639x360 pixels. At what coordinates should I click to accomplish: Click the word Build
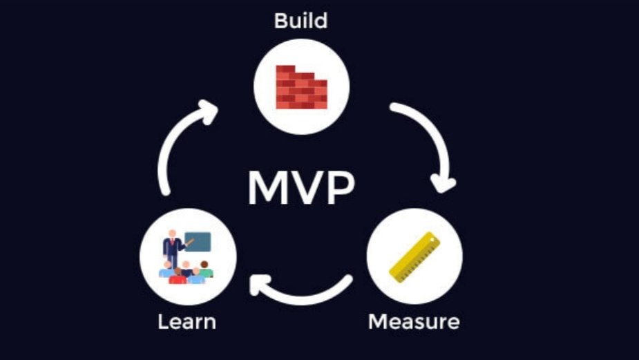pos(301,20)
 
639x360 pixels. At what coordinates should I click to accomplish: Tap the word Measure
pos(413,322)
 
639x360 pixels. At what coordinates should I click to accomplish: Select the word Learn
pos(187,322)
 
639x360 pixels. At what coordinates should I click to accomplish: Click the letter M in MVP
pos(267,187)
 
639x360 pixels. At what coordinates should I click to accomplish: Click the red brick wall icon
pos(301,87)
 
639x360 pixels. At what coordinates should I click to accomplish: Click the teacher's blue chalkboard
pos(200,241)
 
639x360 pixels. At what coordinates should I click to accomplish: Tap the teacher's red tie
pos(171,244)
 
